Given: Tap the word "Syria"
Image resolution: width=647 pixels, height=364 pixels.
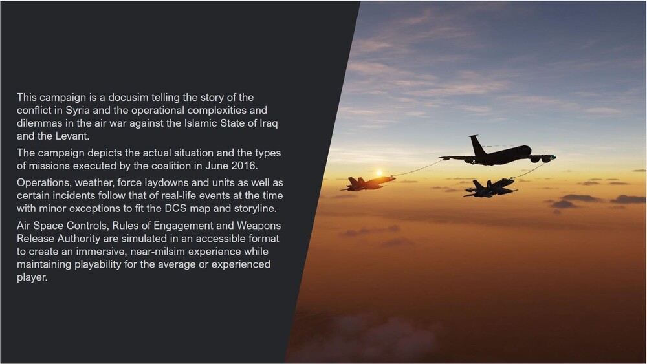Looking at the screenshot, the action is (x=78, y=111).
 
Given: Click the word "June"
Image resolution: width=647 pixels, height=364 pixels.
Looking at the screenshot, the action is (x=217, y=166).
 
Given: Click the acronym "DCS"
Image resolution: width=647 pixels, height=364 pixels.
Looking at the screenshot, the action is (x=175, y=208).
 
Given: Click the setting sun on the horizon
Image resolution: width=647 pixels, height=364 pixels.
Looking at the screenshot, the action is (x=378, y=173).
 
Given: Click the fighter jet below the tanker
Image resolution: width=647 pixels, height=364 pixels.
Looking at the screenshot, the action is (x=490, y=187).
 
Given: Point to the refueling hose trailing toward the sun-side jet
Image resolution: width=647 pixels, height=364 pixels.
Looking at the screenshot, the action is (x=417, y=169).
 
